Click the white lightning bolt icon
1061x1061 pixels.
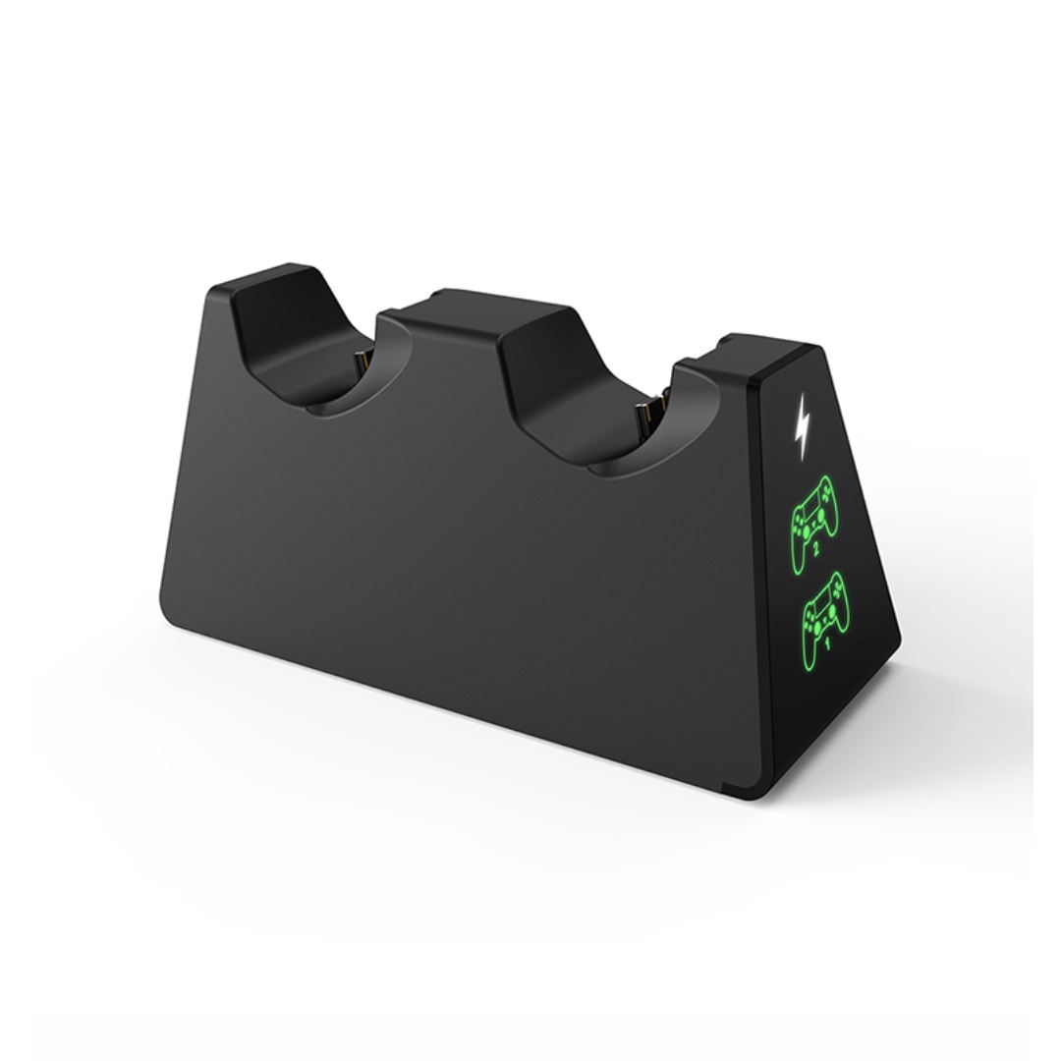pos(802,427)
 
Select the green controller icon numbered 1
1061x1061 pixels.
pos(825,610)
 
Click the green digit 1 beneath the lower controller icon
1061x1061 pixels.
pos(826,643)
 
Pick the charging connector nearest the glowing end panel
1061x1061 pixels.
pos(651,417)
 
